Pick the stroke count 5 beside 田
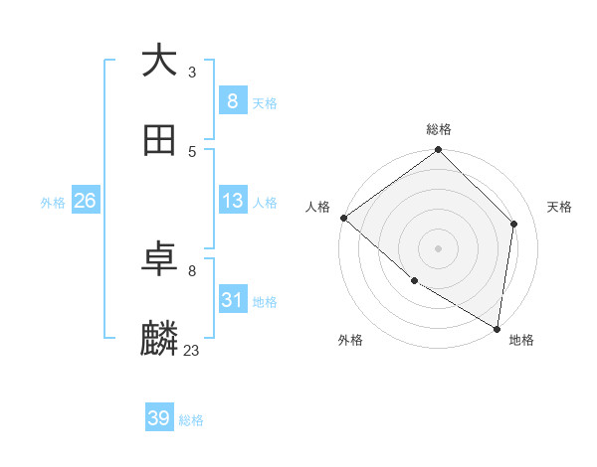[x=192, y=151]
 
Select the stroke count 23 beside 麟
[x=192, y=350]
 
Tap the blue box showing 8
[x=232, y=100]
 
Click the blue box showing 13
[x=232, y=201]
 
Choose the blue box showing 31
[x=232, y=300]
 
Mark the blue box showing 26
[x=85, y=201]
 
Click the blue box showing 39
[x=159, y=418]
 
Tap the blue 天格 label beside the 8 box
[x=265, y=102]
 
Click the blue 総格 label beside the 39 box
[x=191, y=420]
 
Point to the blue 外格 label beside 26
[x=53, y=203]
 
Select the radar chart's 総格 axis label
[x=439, y=129]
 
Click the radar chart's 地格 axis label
[x=521, y=340]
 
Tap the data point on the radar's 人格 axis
[x=343, y=218]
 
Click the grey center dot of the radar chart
[x=439, y=247]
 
